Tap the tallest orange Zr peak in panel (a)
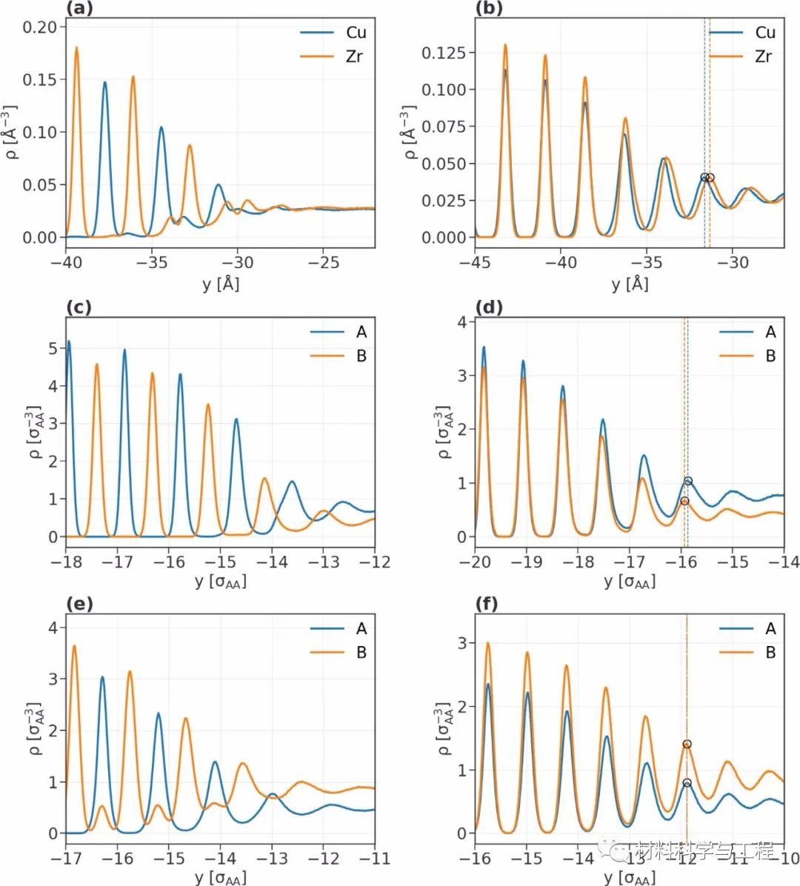(76, 48)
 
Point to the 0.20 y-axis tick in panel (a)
(40, 27)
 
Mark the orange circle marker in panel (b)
(710, 178)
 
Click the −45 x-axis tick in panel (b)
(475, 262)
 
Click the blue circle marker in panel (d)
(688, 482)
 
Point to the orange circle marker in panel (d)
(684, 502)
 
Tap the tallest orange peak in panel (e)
(74, 647)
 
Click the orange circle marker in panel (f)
(687, 744)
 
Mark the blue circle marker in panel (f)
(687, 783)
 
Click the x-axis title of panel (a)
(220, 283)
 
